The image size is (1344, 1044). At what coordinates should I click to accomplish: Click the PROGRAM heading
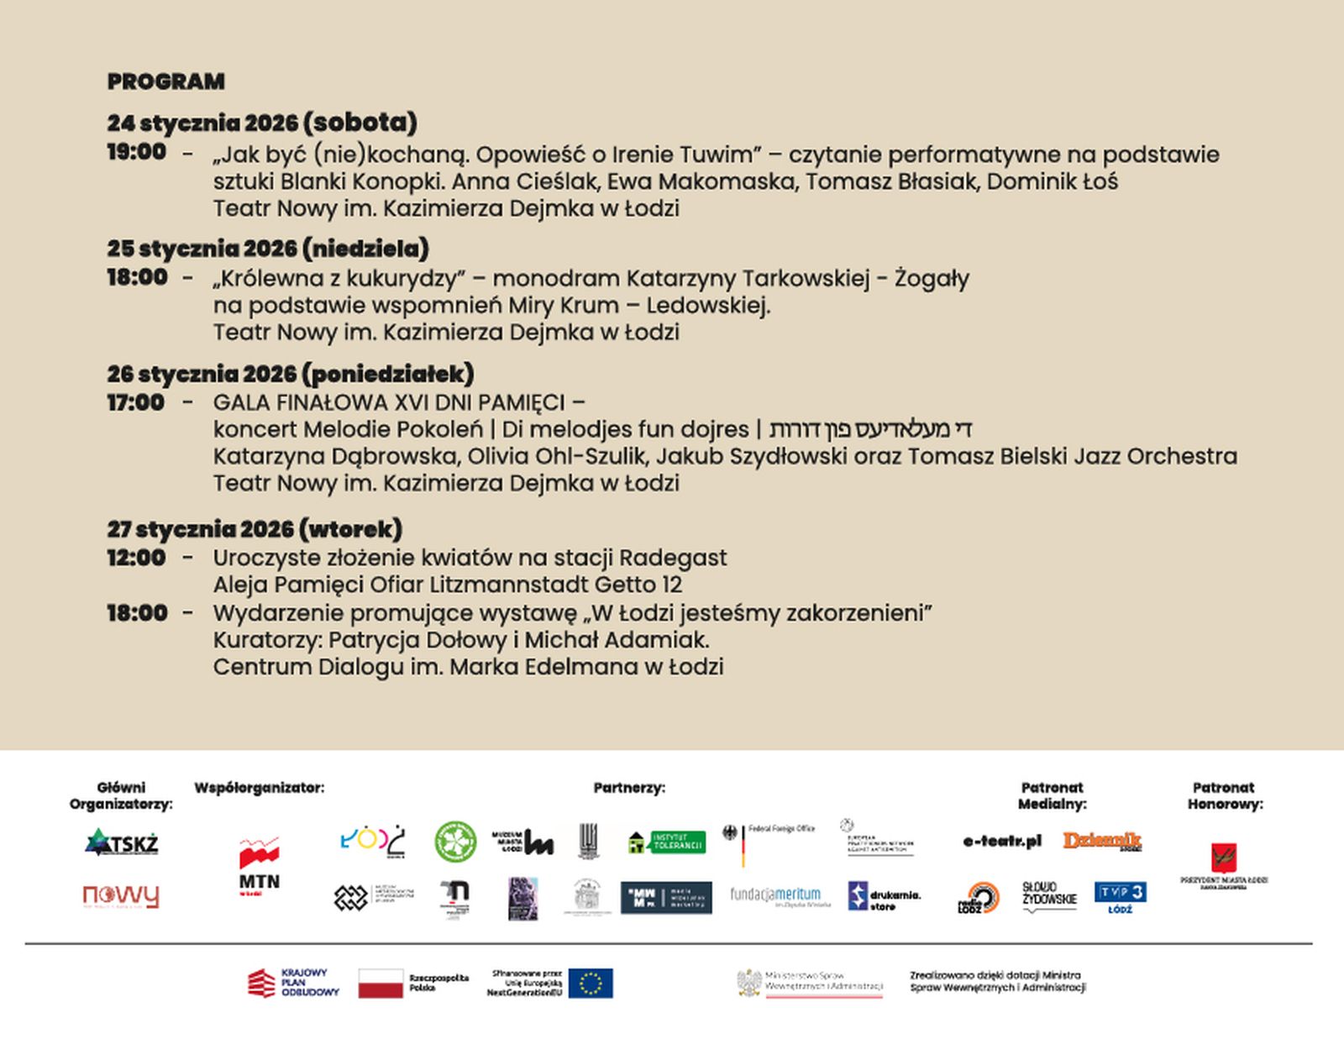click(x=165, y=81)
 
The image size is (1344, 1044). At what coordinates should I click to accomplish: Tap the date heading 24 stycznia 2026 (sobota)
click(x=261, y=123)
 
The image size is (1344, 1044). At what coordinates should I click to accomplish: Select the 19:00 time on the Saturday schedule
click(x=136, y=152)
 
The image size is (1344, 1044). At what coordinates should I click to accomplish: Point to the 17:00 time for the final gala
click(x=135, y=402)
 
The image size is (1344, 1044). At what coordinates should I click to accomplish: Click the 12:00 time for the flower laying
click(x=135, y=558)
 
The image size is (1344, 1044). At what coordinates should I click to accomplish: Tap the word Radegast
click(x=673, y=558)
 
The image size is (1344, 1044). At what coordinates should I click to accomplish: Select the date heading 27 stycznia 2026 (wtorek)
click(x=254, y=529)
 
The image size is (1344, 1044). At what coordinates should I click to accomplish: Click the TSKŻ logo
click(x=122, y=842)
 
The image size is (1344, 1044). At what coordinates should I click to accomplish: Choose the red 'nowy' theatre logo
click(x=121, y=896)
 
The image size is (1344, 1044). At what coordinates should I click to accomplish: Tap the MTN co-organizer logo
click(x=260, y=866)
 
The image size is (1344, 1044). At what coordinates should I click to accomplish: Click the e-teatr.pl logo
click(x=1002, y=841)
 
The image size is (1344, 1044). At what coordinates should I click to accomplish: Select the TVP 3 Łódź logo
click(x=1120, y=897)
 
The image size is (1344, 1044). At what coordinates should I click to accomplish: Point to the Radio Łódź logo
click(x=979, y=898)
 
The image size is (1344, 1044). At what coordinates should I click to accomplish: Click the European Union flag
click(x=591, y=983)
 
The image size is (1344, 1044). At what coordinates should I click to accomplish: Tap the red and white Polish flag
click(x=381, y=983)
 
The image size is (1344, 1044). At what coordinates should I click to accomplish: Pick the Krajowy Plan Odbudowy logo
click(x=293, y=983)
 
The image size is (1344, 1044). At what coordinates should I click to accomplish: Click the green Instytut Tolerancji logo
click(x=667, y=842)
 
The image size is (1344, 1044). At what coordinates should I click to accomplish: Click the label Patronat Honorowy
click(x=1225, y=795)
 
